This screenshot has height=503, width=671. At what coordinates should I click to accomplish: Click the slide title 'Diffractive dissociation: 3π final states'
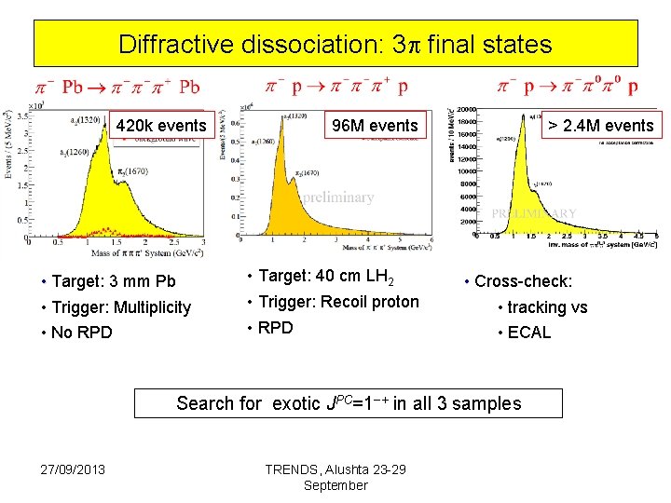(335, 44)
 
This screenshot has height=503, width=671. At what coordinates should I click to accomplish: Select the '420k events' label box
(161, 125)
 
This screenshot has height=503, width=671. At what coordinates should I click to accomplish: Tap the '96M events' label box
(375, 125)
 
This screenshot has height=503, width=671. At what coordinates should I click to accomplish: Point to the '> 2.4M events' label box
(600, 125)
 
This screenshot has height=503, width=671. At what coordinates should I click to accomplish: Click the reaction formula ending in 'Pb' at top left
(117, 87)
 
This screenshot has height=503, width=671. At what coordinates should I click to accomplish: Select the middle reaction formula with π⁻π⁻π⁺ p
(336, 87)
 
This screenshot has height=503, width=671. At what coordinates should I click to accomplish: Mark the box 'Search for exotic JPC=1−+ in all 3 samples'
(349, 403)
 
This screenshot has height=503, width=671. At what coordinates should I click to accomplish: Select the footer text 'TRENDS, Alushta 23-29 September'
(335, 477)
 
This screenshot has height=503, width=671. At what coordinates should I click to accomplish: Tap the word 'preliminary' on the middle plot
(337, 197)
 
